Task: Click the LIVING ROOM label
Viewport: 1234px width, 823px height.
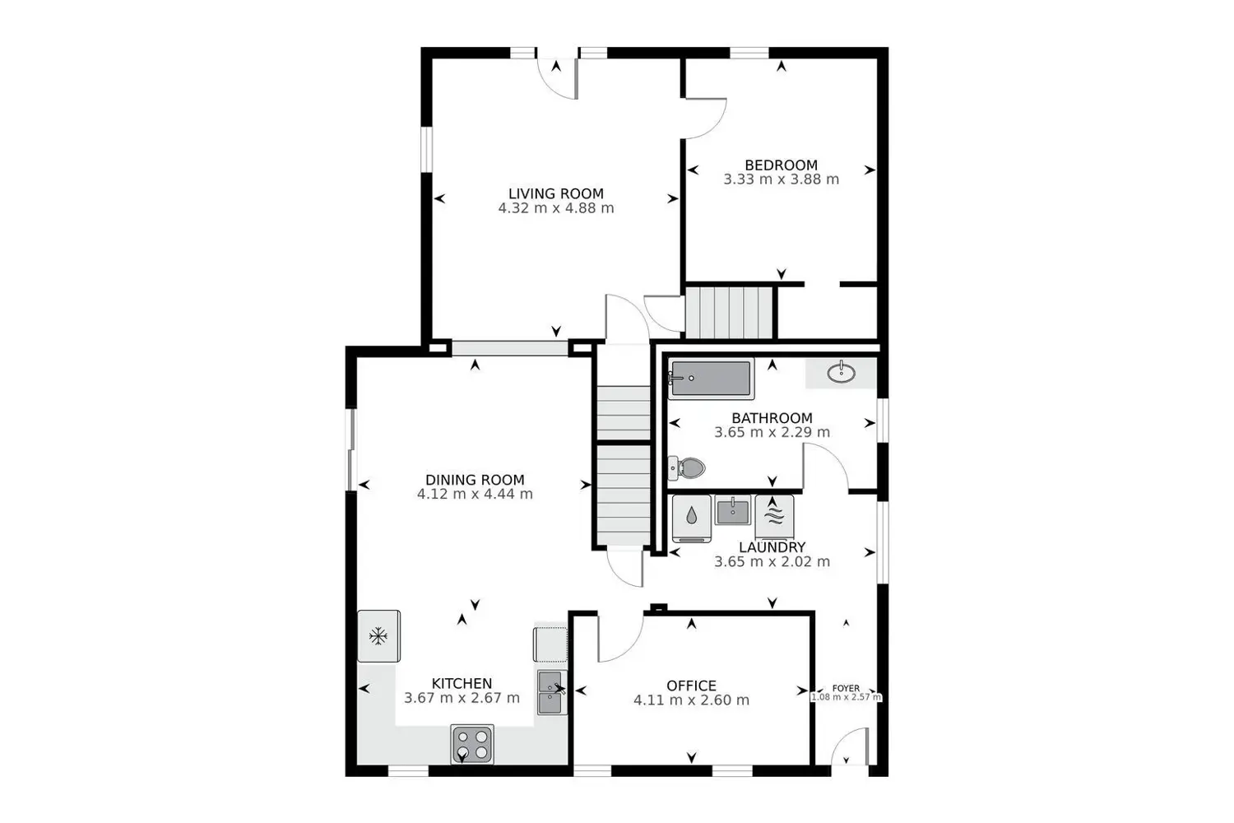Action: coord(555,193)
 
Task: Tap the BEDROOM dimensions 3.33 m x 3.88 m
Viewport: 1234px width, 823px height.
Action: coord(781,179)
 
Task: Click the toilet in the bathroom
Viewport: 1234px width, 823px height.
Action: coord(689,468)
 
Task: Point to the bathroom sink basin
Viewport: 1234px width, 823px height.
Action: coord(841,374)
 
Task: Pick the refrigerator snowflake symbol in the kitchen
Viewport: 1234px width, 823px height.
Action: coord(378,635)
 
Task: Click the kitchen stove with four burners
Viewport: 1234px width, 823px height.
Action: coord(472,743)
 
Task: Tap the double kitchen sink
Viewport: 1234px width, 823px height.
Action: coord(550,692)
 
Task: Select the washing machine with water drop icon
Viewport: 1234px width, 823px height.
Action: coord(692,518)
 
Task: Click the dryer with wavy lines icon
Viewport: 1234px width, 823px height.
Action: coord(774,518)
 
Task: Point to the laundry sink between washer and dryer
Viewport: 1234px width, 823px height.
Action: coord(732,510)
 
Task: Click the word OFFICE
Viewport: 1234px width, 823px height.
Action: coord(691,686)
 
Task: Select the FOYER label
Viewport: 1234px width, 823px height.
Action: coord(846,688)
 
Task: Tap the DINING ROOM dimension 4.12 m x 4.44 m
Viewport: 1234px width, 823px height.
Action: coord(475,495)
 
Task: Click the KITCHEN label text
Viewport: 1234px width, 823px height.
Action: coord(462,683)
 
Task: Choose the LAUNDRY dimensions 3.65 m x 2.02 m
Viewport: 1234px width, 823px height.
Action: coord(772,562)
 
